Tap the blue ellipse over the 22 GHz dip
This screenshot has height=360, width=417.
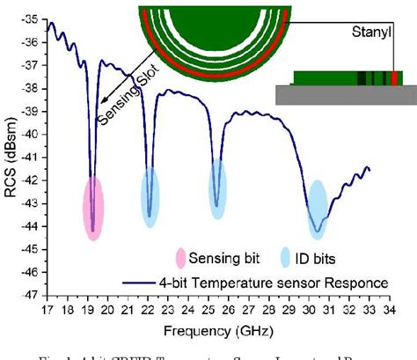(150, 198)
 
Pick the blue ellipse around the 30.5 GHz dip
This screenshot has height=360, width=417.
(317, 208)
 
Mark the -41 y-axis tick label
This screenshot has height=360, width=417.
(32, 157)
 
